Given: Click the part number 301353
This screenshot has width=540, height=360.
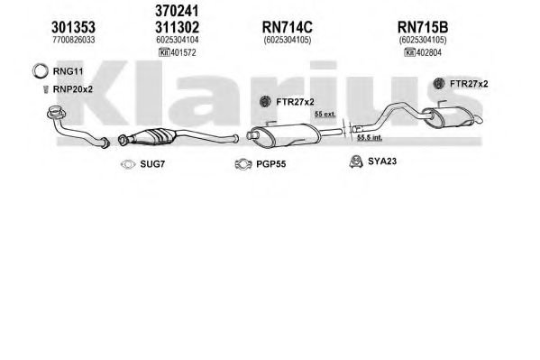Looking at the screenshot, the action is pyautogui.click(x=73, y=27).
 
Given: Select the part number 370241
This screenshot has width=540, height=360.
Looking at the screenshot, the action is pyautogui.click(x=177, y=11).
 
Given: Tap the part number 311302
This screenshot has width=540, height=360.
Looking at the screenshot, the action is pyautogui.click(x=177, y=27).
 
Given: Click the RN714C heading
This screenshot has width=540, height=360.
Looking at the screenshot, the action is pyautogui.click(x=288, y=27).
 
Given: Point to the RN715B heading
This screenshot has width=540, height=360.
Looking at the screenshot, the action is pyautogui.click(x=423, y=27).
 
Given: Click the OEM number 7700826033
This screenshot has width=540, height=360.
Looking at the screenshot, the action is pyautogui.click(x=74, y=40).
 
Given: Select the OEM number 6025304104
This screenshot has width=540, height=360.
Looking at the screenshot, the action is pyautogui.click(x=178, y=40).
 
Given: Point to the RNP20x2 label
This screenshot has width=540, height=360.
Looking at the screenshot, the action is pyautogui.click(x=73, y=89).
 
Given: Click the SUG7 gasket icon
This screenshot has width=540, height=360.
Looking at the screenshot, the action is pyautogui.click(x=128, y=164).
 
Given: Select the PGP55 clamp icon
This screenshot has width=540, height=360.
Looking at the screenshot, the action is pyautogui.click(x=243, y=164).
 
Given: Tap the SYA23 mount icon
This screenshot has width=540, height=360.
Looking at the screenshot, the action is pyautogui.click(x=356, y=162).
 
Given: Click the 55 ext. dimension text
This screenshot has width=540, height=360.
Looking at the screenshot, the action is pyautogui.click(x=325, y=114).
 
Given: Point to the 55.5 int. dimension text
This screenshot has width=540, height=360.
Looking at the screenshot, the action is pyautogui.click(x=370, y=137).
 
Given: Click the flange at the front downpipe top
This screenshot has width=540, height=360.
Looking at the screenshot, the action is pyautogui.click(x=57, y=113).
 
